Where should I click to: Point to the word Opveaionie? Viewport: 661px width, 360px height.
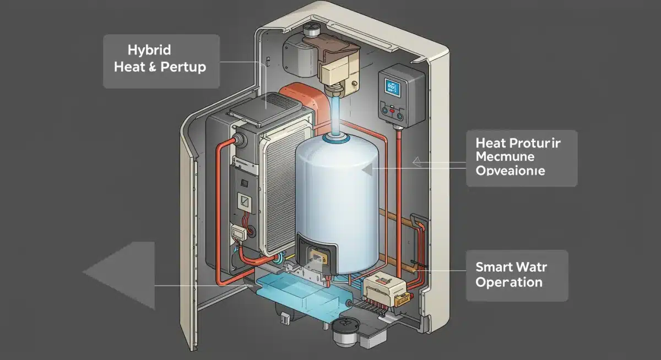510,171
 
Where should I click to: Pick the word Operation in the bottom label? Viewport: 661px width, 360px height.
508,282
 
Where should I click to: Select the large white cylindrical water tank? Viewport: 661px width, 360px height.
337,204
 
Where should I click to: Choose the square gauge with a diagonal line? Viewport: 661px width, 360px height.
242,202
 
